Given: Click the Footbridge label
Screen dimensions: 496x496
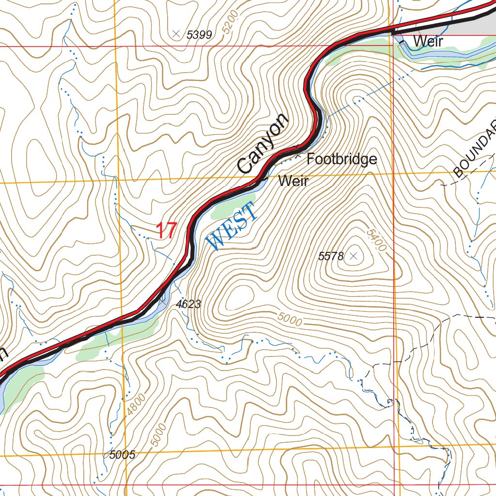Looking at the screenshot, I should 341,159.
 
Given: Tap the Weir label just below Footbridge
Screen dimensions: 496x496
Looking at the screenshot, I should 294,181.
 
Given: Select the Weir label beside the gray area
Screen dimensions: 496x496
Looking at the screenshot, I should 428,42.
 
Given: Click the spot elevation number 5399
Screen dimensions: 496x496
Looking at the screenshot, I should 199,34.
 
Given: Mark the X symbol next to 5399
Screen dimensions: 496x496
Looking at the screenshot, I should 176,34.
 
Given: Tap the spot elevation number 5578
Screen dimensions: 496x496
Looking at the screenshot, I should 331,256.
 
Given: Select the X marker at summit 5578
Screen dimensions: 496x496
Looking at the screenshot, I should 354,256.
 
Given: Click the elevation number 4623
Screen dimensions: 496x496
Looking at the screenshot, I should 188,304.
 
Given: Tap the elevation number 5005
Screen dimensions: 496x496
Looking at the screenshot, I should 122,455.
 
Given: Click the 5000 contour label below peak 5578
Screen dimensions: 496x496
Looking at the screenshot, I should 290,319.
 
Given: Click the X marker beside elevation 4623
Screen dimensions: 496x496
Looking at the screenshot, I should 162,301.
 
